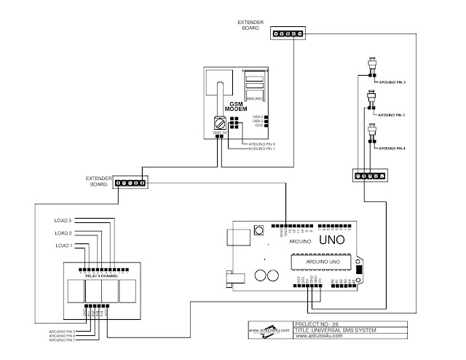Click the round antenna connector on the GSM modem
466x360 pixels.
point(218,123)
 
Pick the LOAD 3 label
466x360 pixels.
point(63,219)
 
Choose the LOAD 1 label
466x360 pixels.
point(63,245)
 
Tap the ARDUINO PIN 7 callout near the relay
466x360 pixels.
point(63,340)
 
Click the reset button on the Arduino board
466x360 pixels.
point(258,231)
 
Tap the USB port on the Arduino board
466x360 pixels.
point(236,238)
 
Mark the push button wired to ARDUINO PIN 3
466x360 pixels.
point(374,97)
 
